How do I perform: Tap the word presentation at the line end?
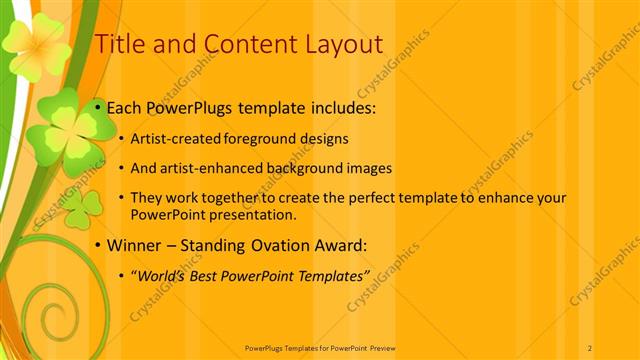pos(253,214)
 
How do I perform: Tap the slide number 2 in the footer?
pos(591,347)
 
